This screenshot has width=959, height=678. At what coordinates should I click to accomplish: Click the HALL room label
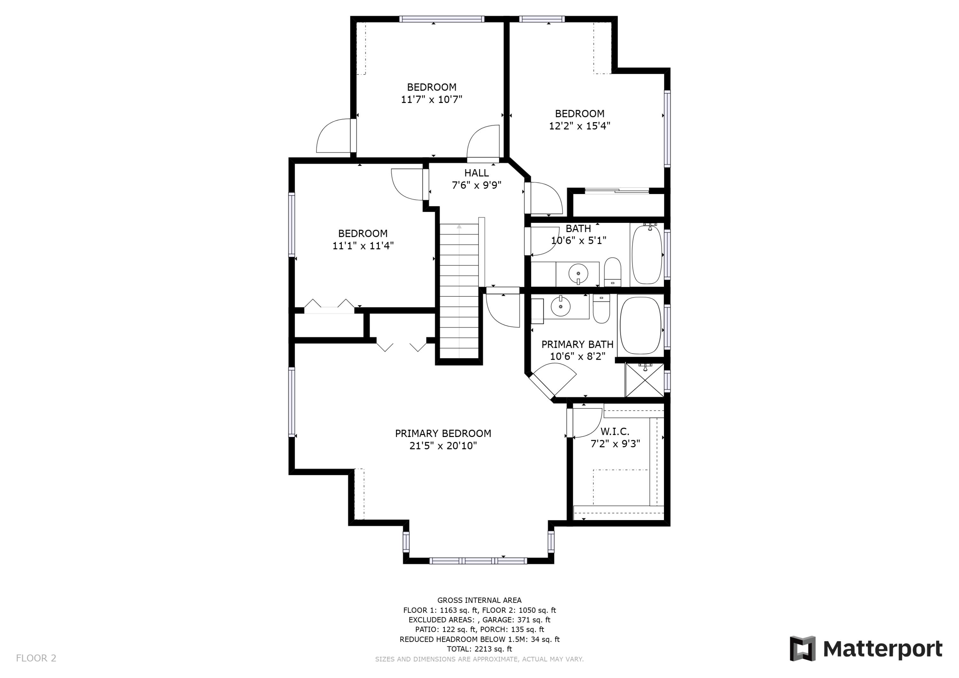(476, 173)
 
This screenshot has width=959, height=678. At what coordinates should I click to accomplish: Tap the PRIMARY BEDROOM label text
(443, 433)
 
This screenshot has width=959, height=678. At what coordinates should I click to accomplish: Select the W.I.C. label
(614, 432)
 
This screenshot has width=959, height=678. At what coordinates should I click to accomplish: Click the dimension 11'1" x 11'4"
(363, 245)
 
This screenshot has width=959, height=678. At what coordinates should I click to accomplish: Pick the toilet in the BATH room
(613, 271)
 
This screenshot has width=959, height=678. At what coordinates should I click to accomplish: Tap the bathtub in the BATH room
(647, 254)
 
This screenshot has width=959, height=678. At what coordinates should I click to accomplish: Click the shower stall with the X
(644, 380)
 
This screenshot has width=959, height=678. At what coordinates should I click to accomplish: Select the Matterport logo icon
(802, 649)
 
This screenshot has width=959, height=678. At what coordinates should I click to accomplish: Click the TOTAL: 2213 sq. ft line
(479, 649)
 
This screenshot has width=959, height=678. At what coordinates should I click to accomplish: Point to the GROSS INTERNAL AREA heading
(479, 600)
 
